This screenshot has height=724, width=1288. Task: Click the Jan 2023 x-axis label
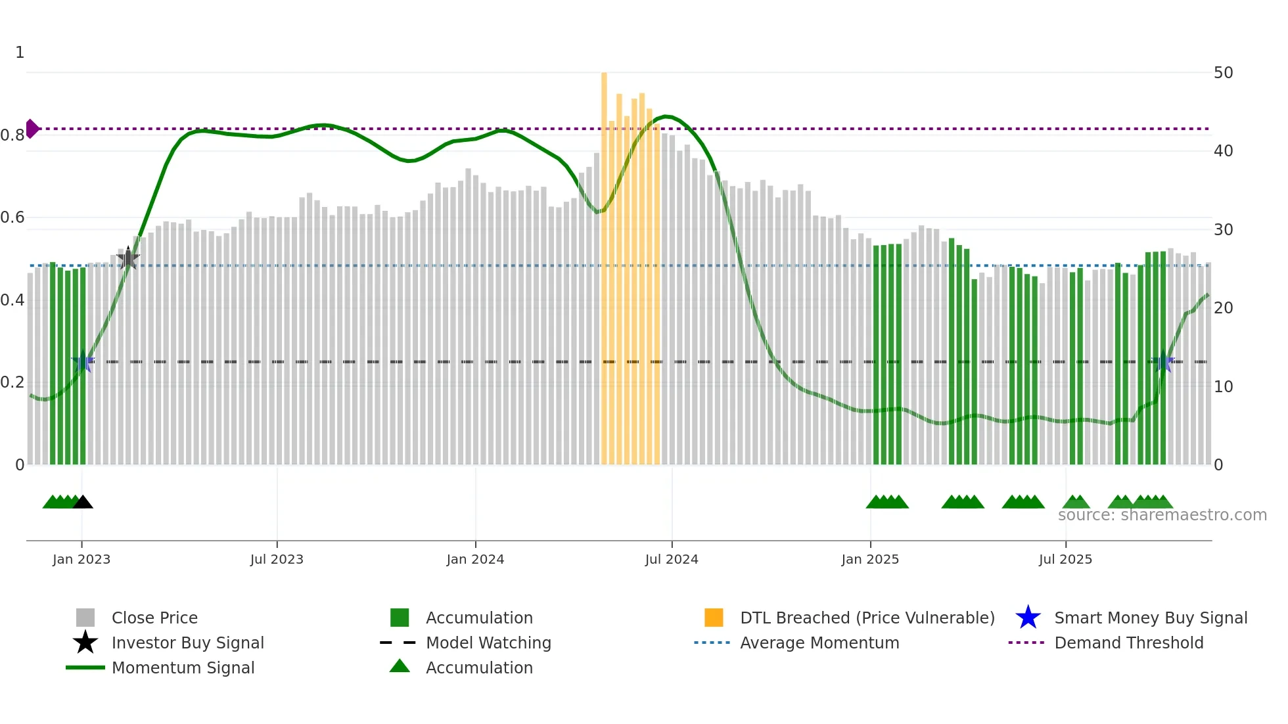click(81, 560)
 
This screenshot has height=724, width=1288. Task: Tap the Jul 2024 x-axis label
click(671, 560)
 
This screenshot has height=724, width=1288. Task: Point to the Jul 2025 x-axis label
click(1065, 560)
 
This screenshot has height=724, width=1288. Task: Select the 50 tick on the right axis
click(1223, 73)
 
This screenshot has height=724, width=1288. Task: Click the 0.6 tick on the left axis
click(12, 217)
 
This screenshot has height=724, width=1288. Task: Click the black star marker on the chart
click(128, 259)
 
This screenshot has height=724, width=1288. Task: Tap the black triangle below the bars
click(83, 503)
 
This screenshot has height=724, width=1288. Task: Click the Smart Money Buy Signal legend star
click(1028, 618)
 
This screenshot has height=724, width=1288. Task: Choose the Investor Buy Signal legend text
click(188, 643)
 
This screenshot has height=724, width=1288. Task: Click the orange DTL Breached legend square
click(714, 618)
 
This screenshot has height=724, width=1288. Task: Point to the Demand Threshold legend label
click(1128, 643)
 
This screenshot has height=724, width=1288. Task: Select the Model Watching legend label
click(488, 643)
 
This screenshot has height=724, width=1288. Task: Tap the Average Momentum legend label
click(819, 643)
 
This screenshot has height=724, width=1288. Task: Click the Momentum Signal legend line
click(85, 668)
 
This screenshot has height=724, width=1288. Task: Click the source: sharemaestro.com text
click(1162, 515)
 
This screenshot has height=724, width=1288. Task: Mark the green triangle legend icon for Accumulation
click(400, 667)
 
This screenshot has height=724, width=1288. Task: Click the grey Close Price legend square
click(85, 618)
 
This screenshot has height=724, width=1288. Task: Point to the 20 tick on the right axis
click(1223, 308)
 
